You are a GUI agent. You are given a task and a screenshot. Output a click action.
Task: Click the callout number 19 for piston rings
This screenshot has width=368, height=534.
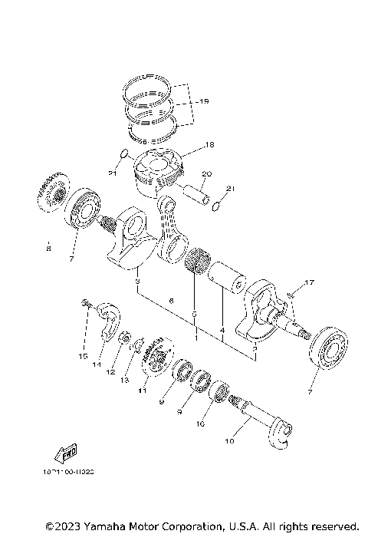[x=202, y=101]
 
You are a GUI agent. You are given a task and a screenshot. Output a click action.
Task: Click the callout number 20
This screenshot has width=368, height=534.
[x=206, y=173]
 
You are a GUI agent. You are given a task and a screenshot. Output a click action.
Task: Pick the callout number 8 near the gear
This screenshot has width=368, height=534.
[x=48, y=249]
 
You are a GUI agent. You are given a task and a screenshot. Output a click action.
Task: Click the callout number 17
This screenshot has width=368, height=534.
[x=309, y=284]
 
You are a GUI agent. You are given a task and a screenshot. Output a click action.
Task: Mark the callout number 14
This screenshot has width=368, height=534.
[x=97, y=365]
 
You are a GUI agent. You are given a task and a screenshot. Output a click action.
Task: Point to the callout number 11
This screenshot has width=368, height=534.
[x=142, y=391]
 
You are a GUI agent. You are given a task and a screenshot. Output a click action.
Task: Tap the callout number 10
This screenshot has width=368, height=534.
[x=228, y=441]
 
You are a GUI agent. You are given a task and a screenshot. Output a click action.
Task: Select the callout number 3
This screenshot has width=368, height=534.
[x=136, y=283]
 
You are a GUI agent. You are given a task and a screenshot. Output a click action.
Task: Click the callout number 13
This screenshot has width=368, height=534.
[x=124, y=379]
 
